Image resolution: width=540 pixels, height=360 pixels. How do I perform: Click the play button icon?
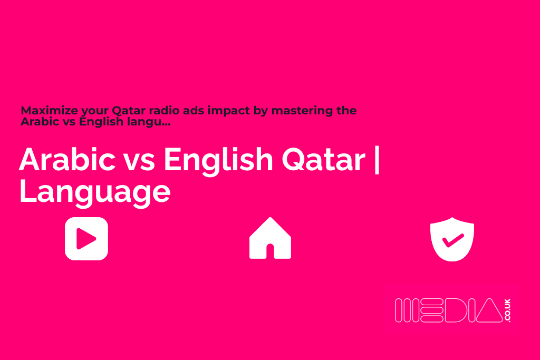(x=86, y=239)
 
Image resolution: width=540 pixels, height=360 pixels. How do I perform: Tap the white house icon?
(x=270, y=238)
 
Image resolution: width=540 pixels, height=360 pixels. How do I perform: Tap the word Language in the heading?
(x=95, y=192)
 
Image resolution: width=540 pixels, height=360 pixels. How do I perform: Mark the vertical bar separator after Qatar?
(x=376, y=159)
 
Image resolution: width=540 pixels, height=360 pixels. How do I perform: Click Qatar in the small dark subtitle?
(x=127, y=111)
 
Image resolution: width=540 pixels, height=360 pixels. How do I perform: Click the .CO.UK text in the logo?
(x=508, y=310)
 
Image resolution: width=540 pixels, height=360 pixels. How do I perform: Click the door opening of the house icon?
(x=270, y=250)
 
